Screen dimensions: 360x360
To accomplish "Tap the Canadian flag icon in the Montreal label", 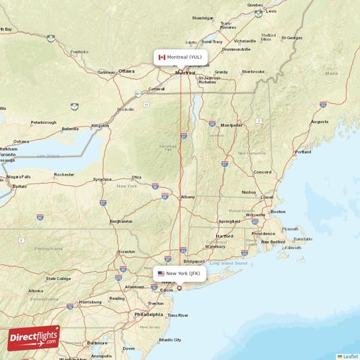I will point(162,56).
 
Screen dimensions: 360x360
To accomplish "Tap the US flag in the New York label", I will point(161,274).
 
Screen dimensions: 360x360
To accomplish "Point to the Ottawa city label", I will point(126,71).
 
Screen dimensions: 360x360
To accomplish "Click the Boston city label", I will point(278,212).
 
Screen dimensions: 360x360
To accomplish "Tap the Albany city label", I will point(188,197).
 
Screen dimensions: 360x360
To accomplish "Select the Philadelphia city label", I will point(148,315).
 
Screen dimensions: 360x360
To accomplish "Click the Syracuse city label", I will point(102,179).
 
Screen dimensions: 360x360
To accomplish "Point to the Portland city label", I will point(302,152).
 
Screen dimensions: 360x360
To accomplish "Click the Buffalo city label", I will point(19,186).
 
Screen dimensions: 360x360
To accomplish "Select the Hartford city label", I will point(224,235).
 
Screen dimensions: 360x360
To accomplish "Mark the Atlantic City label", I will point(170,340).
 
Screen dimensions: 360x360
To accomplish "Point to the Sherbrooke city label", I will point(253,72).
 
